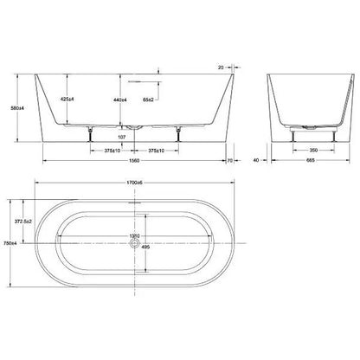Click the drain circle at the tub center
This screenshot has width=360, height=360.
pyautogui.click(x=131, y=244)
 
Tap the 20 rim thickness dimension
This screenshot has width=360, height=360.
pyautogui.click(x=222, y=64)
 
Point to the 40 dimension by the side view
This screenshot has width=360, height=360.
pyautogui.click(x=256, y=161)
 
